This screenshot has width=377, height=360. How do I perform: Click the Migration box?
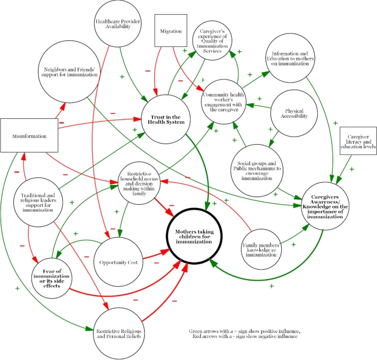(171, 31)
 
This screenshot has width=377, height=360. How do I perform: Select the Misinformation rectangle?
(30, 135)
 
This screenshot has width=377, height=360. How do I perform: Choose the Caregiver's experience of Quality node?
(218, 43)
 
